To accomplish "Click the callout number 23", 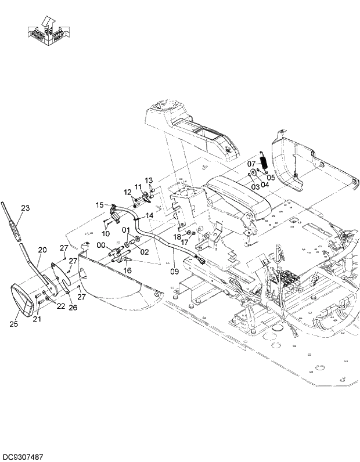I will (x=25, y=208).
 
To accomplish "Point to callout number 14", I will (x=149, y=215).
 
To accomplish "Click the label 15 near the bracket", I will (x=99, y=205).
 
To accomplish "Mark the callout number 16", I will (x=128, y=270).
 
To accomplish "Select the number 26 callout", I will (x=73, y=308).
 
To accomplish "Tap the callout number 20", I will (x=42, y=250).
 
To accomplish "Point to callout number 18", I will (x=177, y=237).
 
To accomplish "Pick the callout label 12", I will (x=127, y=192).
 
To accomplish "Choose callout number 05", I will (x=270, y=178).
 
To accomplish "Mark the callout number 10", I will (x=106, y=233).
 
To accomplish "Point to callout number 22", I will (x=60, y=306).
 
